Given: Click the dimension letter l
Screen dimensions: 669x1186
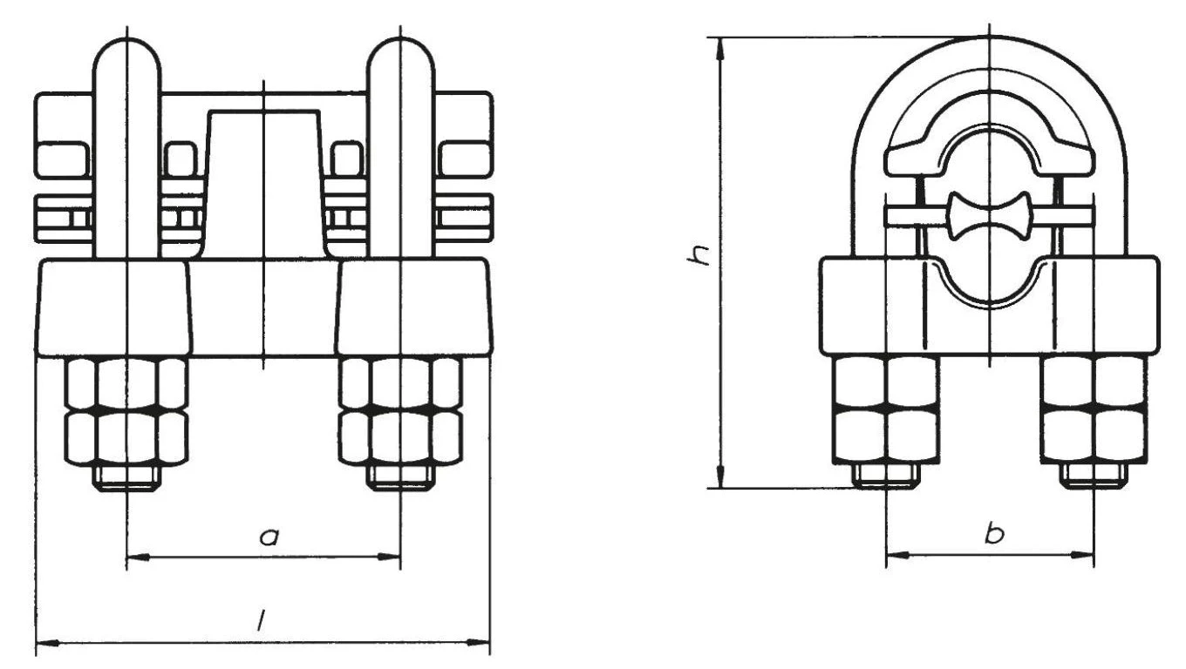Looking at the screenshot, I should click(x=260, y=620).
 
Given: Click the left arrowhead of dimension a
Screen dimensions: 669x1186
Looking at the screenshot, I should click(x=134, y=556).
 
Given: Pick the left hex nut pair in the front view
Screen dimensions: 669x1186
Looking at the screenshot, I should click(x=127, y=410).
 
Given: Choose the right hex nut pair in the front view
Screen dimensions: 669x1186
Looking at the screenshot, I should click(x=400, y=410).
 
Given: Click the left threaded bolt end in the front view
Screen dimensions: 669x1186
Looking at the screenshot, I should click(x=127, y=476).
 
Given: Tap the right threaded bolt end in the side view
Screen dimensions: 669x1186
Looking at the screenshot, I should click(x=1094, y=474).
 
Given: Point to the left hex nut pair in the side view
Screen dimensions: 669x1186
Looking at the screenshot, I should click(x=885, y=409).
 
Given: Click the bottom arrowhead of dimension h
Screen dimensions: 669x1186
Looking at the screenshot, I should click(x=721, y=481).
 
